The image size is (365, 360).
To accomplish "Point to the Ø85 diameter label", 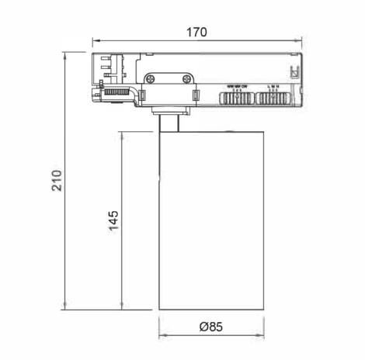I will coord(210,327).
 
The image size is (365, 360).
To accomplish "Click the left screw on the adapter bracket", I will coord(150,78).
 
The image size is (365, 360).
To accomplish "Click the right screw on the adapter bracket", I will coord(187,78).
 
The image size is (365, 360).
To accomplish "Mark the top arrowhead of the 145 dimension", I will coord(123,133).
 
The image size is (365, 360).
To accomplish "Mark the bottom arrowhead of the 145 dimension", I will coord(123,307).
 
